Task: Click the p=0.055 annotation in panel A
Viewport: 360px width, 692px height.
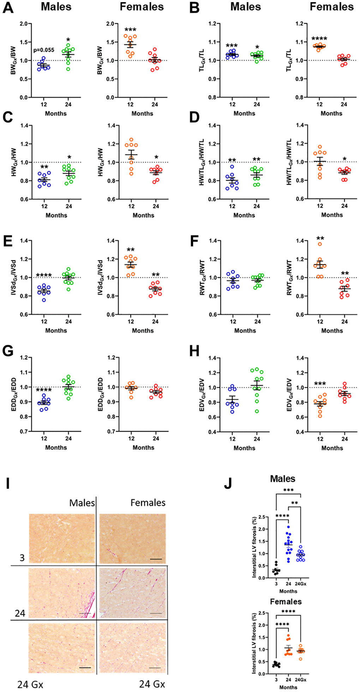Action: (44, 50)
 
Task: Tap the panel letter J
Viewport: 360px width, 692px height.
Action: (228, 483)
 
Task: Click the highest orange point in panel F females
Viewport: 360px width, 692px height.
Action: (320, 244)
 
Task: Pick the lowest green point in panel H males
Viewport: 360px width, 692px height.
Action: (257, 411)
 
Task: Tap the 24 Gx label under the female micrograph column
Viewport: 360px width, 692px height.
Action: (152, 684)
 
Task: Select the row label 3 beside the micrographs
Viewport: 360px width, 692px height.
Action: (22, 558)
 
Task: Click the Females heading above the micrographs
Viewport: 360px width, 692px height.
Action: (148, 503)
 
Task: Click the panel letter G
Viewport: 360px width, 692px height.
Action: (8, 351)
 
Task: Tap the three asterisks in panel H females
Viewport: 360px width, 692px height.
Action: (320, 384)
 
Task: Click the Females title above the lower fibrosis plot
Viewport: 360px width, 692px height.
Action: (286, 602)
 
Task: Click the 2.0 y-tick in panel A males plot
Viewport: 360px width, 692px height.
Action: (24, 24)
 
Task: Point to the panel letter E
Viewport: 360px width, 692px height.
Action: (8, 241)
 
